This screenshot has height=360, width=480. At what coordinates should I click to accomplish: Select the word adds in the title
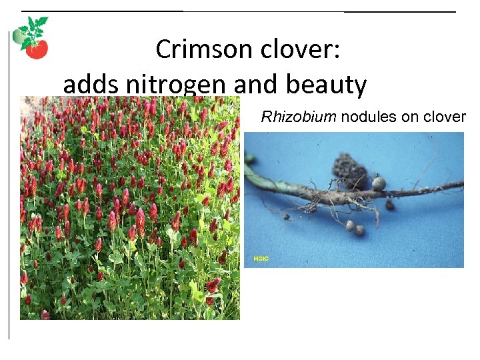coord(88,85)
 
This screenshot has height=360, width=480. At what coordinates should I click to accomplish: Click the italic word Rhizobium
coord(299,117)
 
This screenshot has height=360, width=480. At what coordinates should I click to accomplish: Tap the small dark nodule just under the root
coord(389,205)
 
